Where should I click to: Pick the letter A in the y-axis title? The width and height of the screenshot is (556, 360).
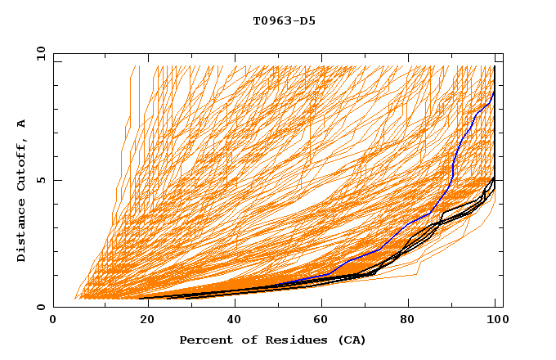[21, 123]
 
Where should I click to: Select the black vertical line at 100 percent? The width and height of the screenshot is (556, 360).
[495, 123]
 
